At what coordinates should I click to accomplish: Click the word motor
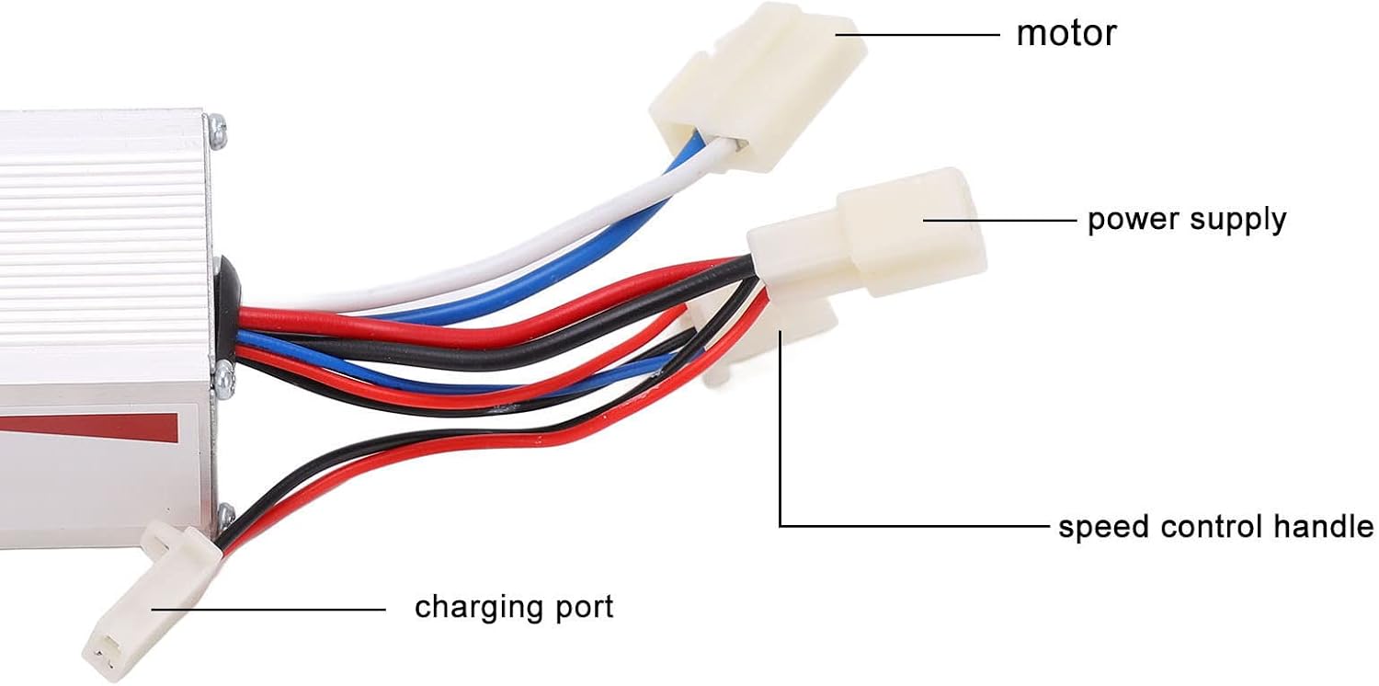(1066, 34)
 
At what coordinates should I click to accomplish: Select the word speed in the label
(1103, 528)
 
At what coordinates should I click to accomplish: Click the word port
(585, 608)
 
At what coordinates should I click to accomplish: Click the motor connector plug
(758, 86)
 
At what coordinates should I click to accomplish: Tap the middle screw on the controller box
(222, 378)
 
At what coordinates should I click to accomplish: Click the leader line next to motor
(917, 35)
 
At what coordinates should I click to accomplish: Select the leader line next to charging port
(268, 610)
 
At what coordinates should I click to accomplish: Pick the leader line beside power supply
(1000, 220)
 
